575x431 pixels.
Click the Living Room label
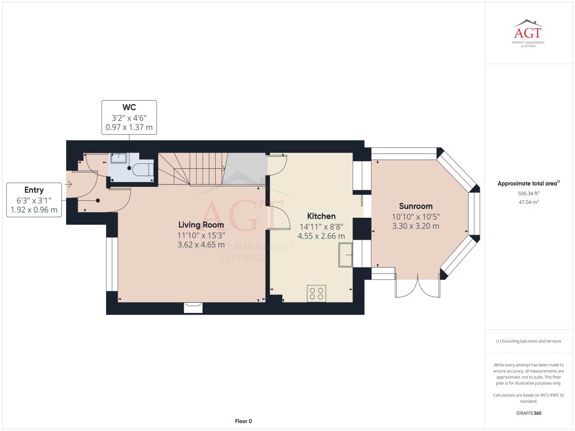coord(201,225)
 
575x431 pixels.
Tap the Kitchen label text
coord(321,216)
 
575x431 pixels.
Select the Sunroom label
coord(416,206)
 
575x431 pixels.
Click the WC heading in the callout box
coord(129,107)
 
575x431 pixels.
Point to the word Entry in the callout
coord(34,190)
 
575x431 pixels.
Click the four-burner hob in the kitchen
coord(316,294)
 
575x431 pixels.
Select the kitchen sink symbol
coord(345,255)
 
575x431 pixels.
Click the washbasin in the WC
coord(119,158)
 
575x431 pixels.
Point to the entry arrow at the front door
coord(68,185)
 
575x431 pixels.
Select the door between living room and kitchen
coord(278,217)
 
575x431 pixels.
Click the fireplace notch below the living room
coord(193,308)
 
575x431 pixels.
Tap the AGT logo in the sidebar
coord(528,33)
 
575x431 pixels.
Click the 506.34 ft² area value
coord(529,194)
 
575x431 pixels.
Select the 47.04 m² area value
coord(529,202)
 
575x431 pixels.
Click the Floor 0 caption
coord(243,421)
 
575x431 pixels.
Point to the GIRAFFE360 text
coord(529,413)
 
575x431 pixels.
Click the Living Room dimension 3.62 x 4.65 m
coord(201,245)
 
